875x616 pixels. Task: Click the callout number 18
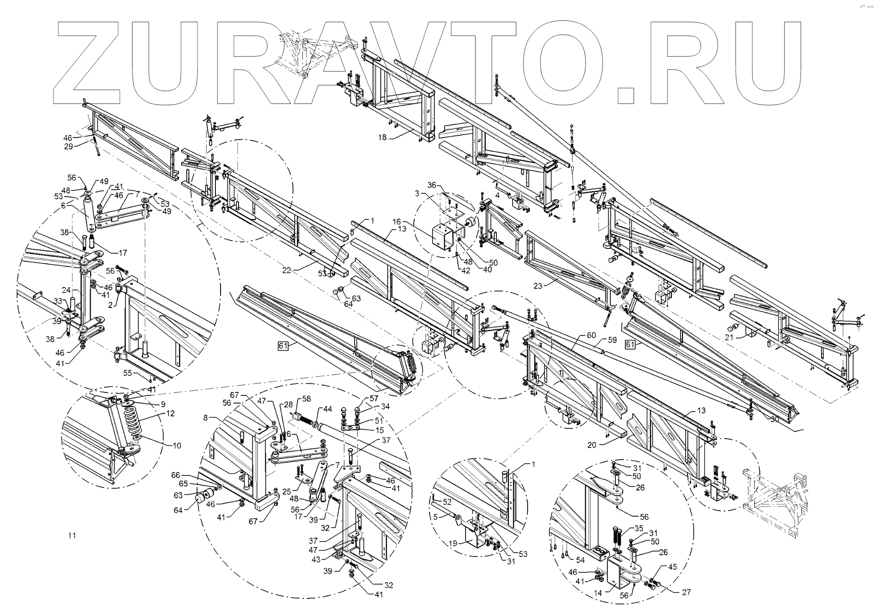pyautogui.click(x=382, y=138)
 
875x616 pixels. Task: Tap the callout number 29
pyautogui.click(x=68, y=147)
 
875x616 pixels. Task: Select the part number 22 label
pyautogui.click(x=287, y=270)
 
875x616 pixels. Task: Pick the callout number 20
pyautogui.click(x=591, y=445)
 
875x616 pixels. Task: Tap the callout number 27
pyautogui.click(x=687, y=592)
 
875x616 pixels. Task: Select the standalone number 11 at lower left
pyautogui.click(x=72, y=535)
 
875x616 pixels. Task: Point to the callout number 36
pyautogui.click(x=432, y=185)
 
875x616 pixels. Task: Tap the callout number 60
pyautogui.click(x=591, y=335)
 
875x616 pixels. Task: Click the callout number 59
pyautogui.click(x=613, y=341)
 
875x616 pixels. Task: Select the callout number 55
pyautogui.click(x=128, y=373)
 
